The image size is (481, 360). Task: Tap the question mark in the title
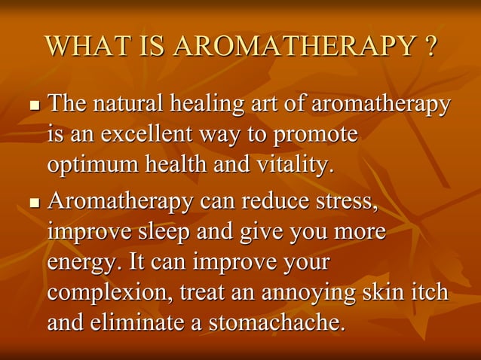[x=429, y=47]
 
